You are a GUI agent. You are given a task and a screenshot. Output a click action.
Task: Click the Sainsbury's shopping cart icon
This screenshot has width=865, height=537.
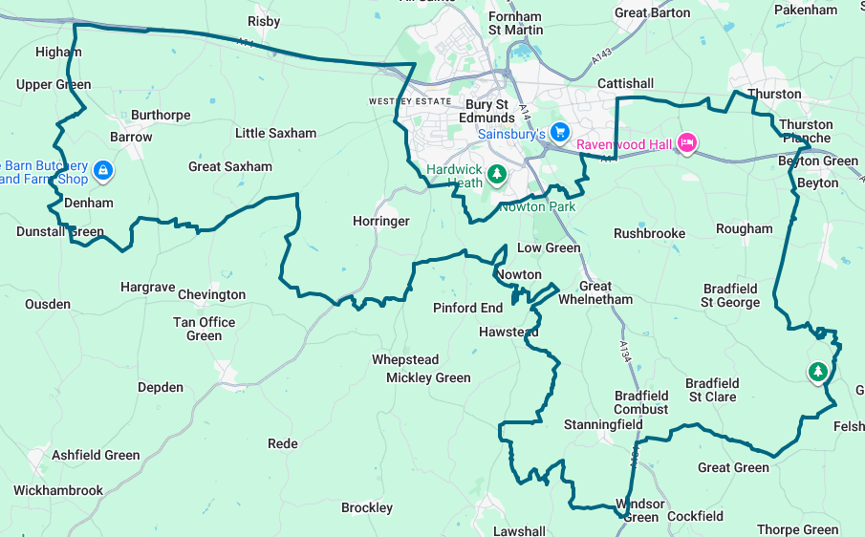pyautogui.click(x=560, y=133)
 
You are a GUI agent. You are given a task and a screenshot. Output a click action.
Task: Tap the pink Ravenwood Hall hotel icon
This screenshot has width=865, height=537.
pyautogui.click(x=685, y=144)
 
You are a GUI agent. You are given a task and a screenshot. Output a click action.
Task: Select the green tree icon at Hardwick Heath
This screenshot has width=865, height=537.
pyautogui.click(x=496, y=174)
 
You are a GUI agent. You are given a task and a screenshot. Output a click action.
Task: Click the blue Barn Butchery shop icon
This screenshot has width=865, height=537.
pyautogui.click(x=104, y=172)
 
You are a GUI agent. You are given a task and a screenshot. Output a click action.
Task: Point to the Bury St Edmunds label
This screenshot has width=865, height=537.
pyautogui.click(x=487, y=111)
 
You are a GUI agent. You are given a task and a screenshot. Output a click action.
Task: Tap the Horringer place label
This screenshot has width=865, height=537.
pyautogui.click(x=380, y=221)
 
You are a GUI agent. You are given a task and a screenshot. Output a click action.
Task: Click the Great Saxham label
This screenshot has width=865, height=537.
pyautogui.click(x=230, y=166)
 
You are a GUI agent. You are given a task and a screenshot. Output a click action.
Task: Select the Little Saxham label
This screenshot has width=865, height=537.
pyautogui.click(x=275, y=133)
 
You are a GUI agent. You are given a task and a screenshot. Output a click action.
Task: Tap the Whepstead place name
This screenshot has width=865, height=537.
pyautogui.click(x=405, y=359)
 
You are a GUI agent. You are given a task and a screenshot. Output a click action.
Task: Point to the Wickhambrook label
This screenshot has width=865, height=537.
pyautogui.click(x=58, y=490)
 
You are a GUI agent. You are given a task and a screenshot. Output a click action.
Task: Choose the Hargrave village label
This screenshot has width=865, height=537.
pyautogui.click(x=148, y=287)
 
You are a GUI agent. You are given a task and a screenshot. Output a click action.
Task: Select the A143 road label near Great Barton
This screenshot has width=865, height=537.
pyautogui.click(x=600, y=57)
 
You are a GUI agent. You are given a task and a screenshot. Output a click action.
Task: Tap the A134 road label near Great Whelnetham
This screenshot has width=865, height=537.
pyautogui.click(x=625, y=351)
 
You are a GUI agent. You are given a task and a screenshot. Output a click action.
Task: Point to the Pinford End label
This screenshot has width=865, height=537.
pyautogui.click(x=467, y=308)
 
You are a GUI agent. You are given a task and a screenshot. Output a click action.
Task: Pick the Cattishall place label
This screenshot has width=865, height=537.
pyautogui.click(x=625, y=83)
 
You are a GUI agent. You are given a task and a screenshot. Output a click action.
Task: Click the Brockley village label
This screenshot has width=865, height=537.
pyautogui.click(x=367, y=507)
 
